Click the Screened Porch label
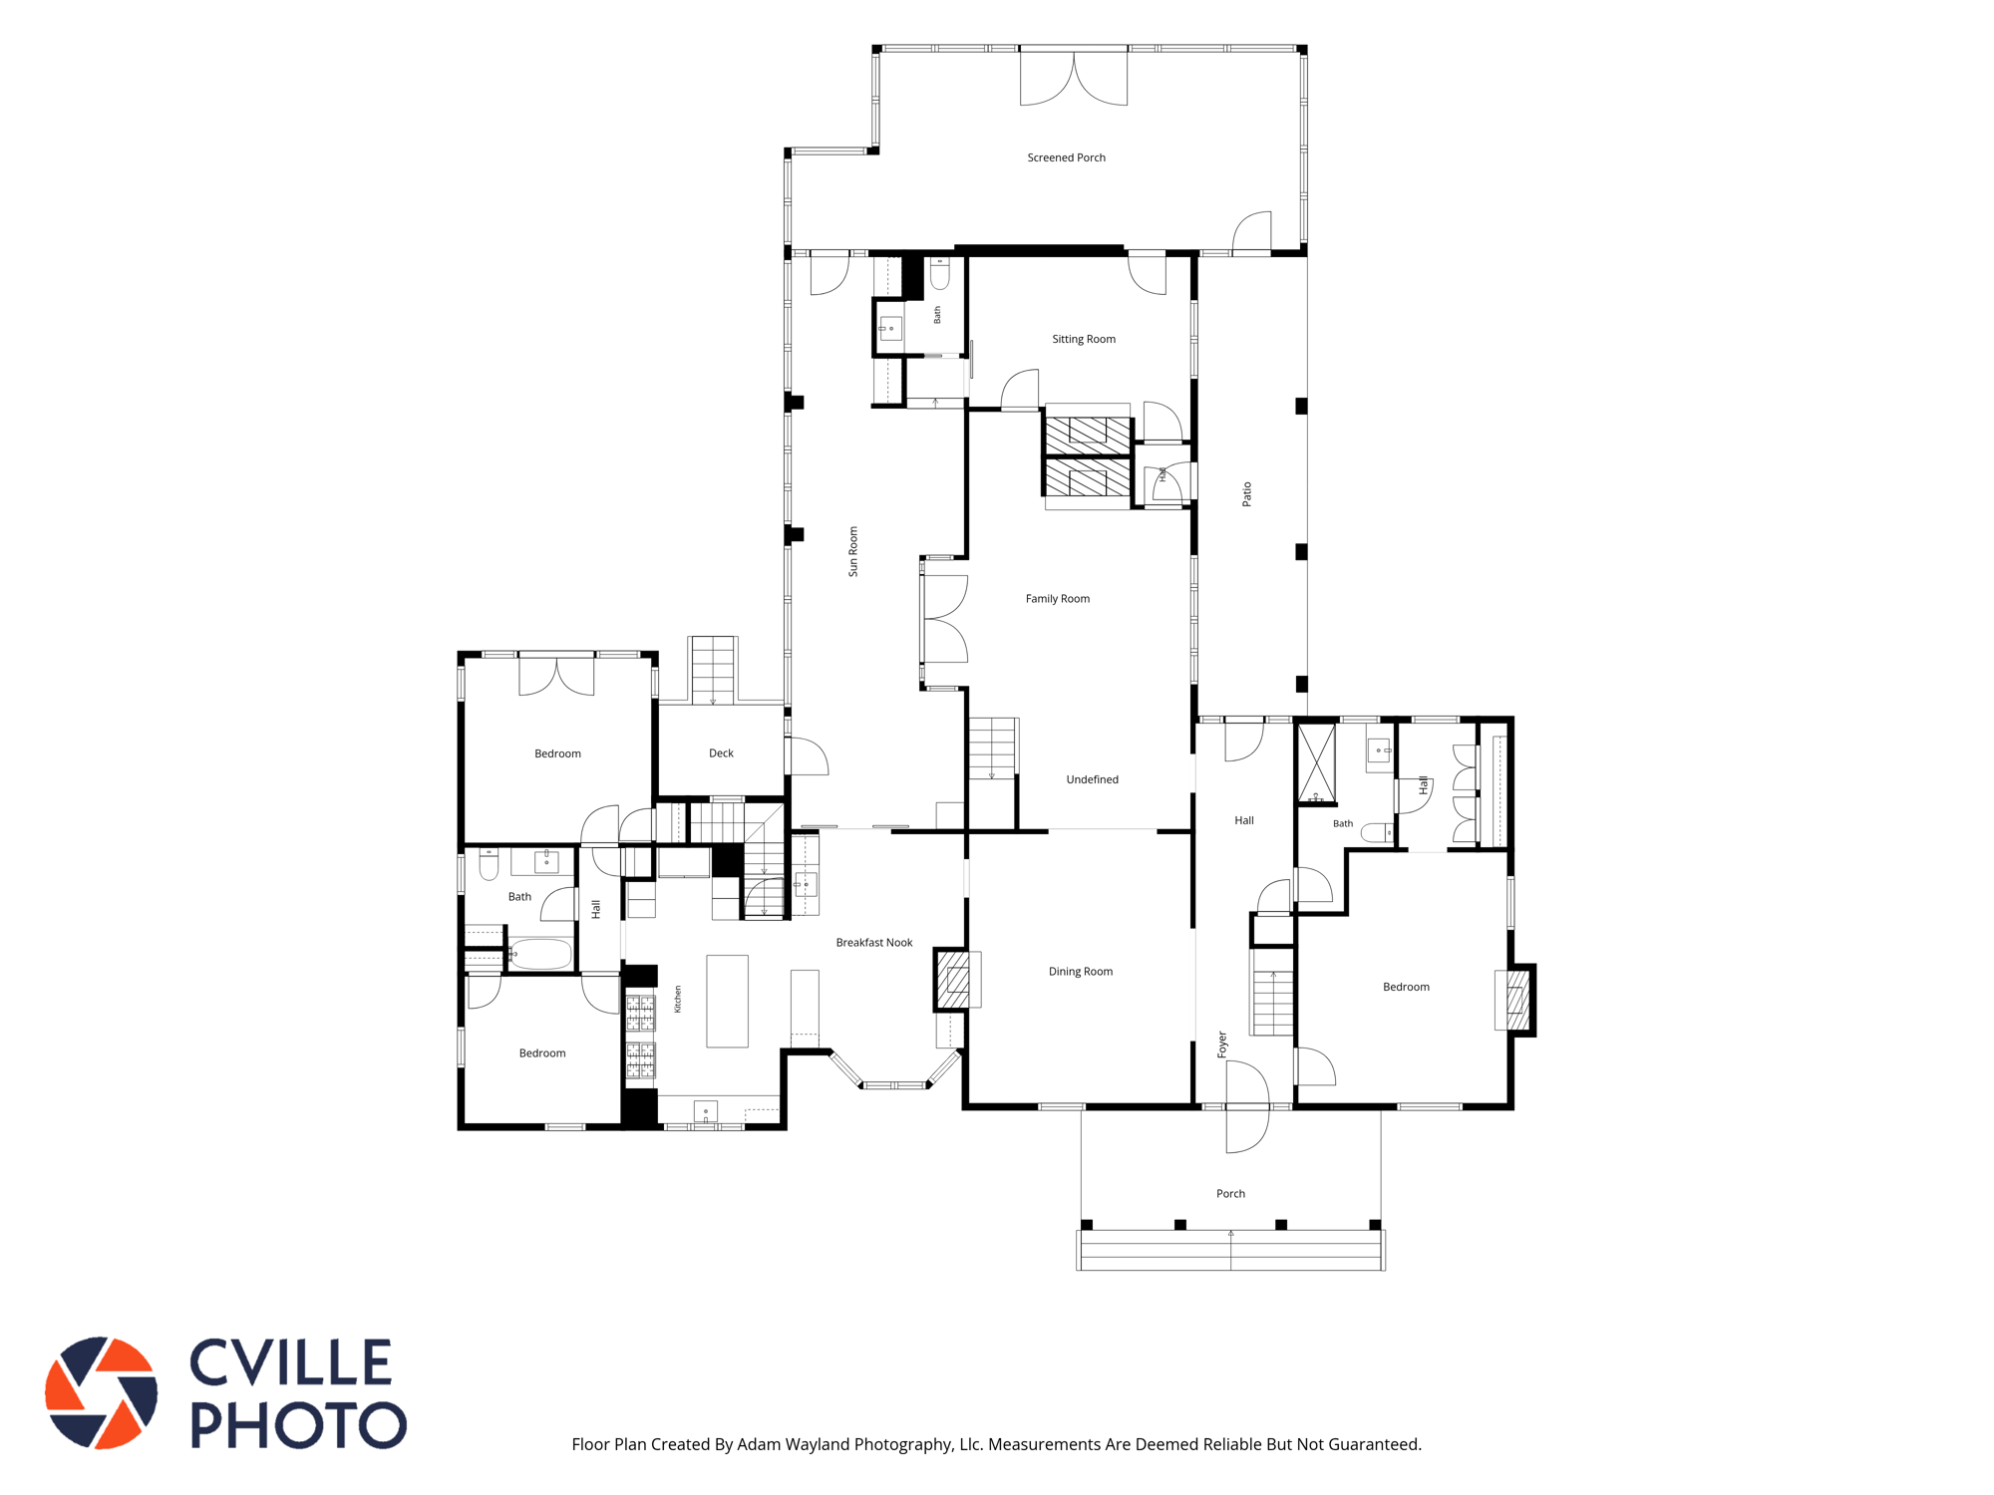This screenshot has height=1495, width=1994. [1066, 157]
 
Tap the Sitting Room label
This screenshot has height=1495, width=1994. [1084, 339]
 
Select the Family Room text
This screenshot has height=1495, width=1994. [1058, 599]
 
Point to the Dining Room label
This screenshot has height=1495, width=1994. [1081, 972]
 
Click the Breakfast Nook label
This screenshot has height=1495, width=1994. [874, 943]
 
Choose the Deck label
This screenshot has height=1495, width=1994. [721, 753]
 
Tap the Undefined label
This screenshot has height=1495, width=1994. [1092, 779]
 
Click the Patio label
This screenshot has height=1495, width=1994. [1246, 494]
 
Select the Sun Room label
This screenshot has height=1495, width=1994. [852, 551]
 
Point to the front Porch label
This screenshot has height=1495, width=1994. [1230, 1194]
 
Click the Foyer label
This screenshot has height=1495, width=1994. [1222, 1045]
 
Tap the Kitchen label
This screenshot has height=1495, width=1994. [678, 1000]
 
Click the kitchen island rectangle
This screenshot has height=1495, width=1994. [728, 1001]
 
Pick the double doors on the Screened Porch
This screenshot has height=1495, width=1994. [1074, 79]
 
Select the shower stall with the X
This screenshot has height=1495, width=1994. [1316, 763]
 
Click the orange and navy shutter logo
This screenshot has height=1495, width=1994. [101, 1392]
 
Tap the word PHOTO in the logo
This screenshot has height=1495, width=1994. [298, 1425]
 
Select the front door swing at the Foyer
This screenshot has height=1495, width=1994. [1246, 1106]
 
